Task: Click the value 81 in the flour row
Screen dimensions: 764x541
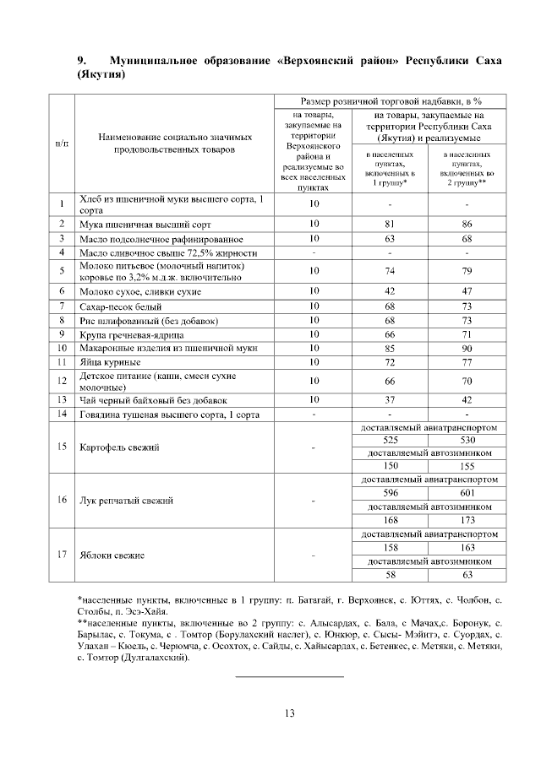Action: click(391, 225)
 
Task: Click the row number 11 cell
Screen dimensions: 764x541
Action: click(63, 361)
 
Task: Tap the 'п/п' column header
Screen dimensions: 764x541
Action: click(63, 144)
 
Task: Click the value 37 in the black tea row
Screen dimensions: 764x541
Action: click(391, 400)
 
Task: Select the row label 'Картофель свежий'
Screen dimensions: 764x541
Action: click(118, 447)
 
